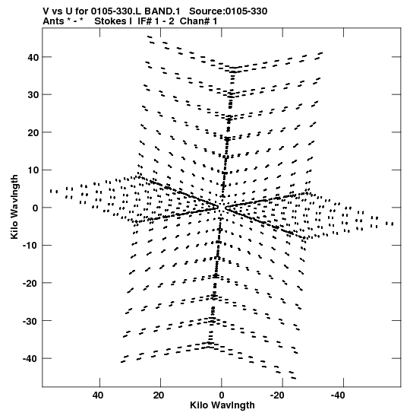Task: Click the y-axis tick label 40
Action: pyautogui.click(x=33, y=57)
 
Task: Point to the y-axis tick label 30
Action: pyautogui.click(x=33, y=95)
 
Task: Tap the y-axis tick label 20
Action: pyautogui.click(x=33, y=132)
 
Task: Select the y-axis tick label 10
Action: pyautogui.click(x=33, y=170)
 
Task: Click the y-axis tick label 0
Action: pyautogui.click(x=35, y=208)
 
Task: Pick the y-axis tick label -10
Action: pyautogui.click(x=30, y=246)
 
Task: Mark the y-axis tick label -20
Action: pyautogui.click(x=30, y=283)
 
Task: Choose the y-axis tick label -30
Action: pyautogui.click(x=30, y=321)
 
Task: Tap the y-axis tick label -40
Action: pyautogui.click(x=30, y=358)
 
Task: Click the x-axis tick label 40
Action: pyautogui.click(x=98, y=395)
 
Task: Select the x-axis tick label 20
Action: pyautogui.click(x=159, y=395)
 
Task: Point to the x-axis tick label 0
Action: pyautogui.click(x=222, y=395)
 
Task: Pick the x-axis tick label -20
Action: pyautogui.click(x=277, y=395)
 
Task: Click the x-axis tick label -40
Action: pyautogui.click(x=338, y=395)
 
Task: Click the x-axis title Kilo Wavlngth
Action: pyautogui.click(x=222, y=405)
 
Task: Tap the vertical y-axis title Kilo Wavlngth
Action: pyautogui.click(x=14, y=207)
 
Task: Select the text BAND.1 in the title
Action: pyautogui.click(x=162, y=11)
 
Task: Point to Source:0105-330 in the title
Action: pyautogui.click(x=229, y=11)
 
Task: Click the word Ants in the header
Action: pyautogui.click(x=53, y=21)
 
